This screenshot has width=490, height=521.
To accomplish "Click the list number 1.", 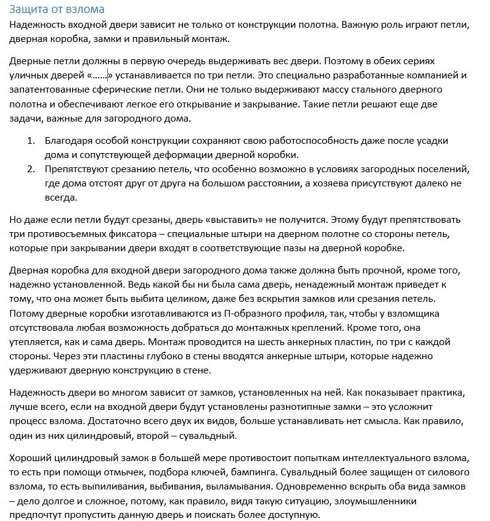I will pyautogui.click(x=31, y=141).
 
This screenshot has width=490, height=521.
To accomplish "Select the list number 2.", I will pyautogui.click(x=31, y=169).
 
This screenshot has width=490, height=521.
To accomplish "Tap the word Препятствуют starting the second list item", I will pyautogui.click(x=78, y=169).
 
